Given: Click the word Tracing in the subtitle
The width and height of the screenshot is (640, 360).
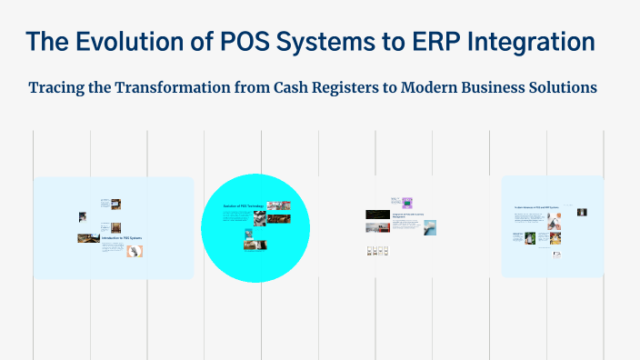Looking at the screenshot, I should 59,88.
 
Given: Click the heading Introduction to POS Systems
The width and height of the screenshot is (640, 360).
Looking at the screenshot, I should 123,237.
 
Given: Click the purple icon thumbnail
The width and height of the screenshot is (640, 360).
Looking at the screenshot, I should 407,203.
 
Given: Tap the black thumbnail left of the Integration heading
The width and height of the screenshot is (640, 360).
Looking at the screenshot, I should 377,215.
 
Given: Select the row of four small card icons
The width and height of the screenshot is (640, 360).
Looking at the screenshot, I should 377,251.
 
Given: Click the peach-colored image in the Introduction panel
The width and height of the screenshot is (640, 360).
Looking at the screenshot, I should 141,251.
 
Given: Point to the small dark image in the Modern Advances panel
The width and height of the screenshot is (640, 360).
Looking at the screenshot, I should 582,213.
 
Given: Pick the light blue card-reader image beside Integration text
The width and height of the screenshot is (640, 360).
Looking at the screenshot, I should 430,227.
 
